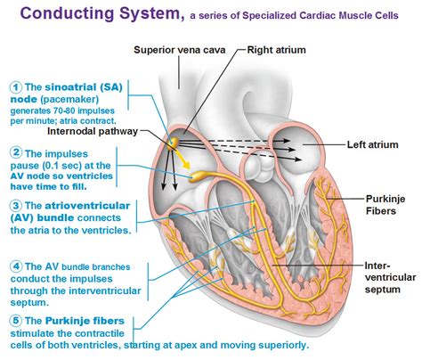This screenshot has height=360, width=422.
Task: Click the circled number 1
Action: (x=15, y=86)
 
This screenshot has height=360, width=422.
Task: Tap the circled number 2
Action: (x=15, y=152)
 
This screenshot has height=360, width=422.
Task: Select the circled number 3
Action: (x=15, y=207)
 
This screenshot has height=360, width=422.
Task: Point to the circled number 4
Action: (x=15, y=266)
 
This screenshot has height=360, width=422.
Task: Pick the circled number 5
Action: (x=15, y=320)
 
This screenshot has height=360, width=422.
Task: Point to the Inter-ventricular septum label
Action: (x=388, y=277)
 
